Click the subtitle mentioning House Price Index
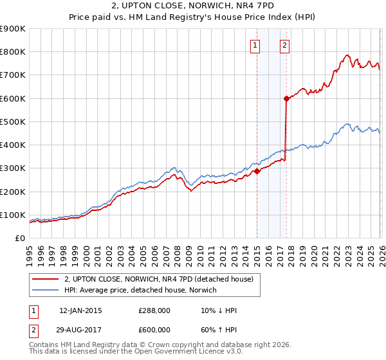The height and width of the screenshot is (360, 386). click(193, 18)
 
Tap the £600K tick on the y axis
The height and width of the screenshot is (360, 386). click(13, 98)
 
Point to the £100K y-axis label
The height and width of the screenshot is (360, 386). click(13, 215)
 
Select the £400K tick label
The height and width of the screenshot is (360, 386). click(13, 145)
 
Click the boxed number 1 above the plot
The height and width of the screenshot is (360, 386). click(256, 45)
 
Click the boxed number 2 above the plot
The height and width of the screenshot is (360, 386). click(284, 45)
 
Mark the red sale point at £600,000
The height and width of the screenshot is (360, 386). click(286, 98)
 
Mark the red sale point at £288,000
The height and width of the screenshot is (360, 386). click(257, 171)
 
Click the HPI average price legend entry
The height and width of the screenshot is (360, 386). click(140, 291)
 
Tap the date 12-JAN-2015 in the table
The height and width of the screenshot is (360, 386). click(80, 310)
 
